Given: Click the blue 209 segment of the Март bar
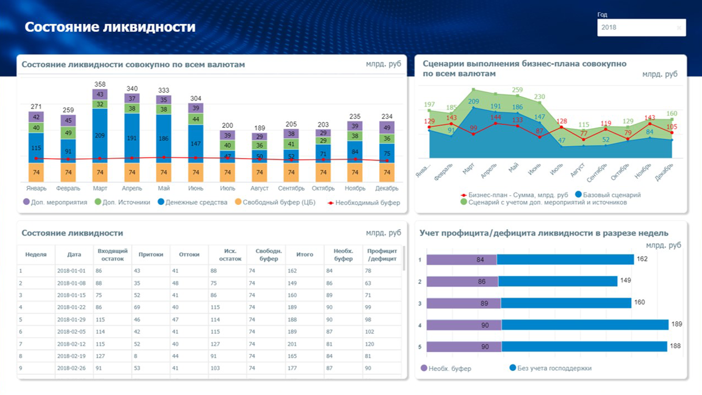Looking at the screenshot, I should [x=100, y=136].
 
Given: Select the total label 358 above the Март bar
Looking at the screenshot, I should [x=100, y=84].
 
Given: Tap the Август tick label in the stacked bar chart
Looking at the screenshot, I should [x=259, y=188].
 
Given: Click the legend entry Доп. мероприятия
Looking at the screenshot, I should [x=55, y=202].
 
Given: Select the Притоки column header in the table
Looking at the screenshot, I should [x=151, y=255].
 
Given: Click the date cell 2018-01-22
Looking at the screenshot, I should [x=71, y=307].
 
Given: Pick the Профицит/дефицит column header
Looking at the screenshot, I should [x=382, y=255].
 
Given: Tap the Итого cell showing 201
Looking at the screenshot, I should [x=293, y=344].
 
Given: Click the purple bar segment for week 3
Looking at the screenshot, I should [x=463, y=303].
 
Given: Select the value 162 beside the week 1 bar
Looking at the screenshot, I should [x=642, y=259].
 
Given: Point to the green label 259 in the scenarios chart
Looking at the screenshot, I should [x=517, y=90].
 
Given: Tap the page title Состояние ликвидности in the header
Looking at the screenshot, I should [x=110, y=27].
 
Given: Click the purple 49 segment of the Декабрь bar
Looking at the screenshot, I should [x=387, y=128].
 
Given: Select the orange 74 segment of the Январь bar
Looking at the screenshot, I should [x=36, y=172].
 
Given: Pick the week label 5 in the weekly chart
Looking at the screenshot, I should [x=420, y=347].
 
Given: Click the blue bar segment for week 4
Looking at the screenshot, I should [x=585, y=325].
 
